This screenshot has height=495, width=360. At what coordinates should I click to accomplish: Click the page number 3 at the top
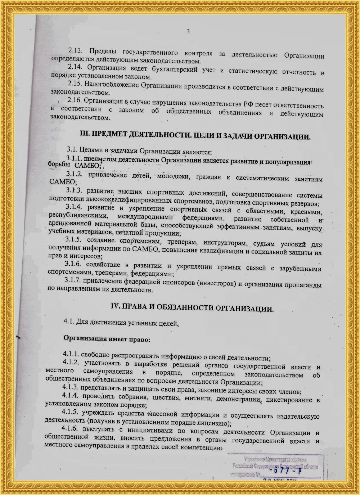coord(188,32)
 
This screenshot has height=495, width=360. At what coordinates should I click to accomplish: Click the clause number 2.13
coord(75,50)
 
